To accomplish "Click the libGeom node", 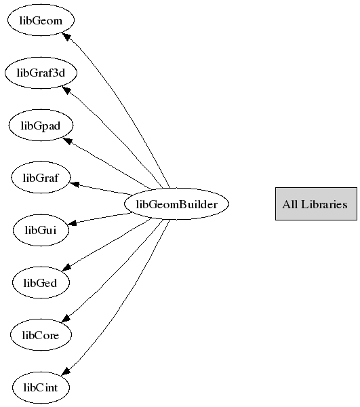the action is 41,20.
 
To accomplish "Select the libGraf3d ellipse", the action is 41,73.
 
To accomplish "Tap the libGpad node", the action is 41,125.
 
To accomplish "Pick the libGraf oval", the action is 41,178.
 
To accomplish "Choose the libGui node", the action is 41,230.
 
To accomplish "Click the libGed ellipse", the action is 41,282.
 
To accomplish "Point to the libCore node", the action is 41,335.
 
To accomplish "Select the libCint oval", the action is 41,387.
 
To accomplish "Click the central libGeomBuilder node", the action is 177,204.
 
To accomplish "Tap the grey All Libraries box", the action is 316,204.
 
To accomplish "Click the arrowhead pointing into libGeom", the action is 66,37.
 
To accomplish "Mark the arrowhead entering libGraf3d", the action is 66,90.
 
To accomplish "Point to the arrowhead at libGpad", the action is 67,141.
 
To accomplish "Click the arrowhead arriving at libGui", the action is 72,222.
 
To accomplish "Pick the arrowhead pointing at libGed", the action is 67,267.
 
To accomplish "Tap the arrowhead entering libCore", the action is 66,318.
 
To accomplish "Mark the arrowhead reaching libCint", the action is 66,371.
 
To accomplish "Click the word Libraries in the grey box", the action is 324,204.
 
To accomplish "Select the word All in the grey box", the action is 290,204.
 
